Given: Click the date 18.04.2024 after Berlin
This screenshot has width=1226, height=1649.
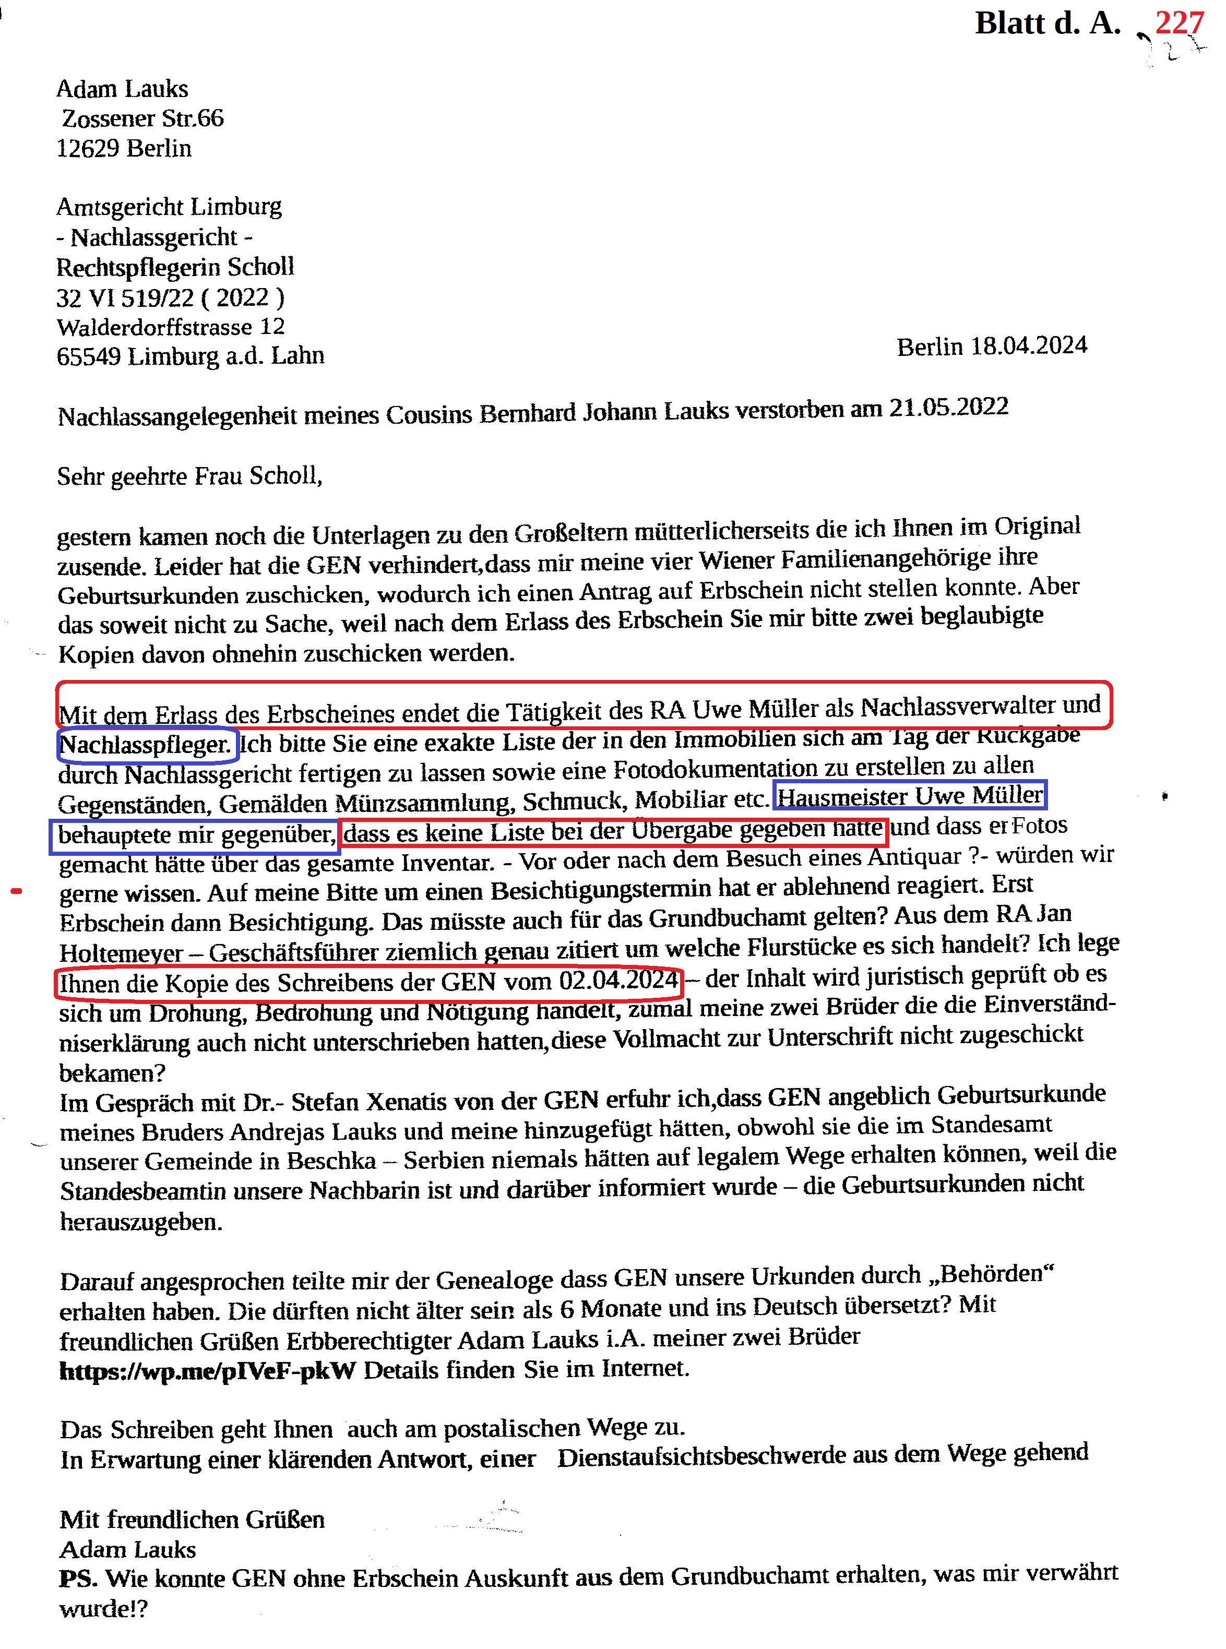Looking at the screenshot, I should tap(1029, 345).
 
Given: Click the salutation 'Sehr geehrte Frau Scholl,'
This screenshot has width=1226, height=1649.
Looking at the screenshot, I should tap(190, 475).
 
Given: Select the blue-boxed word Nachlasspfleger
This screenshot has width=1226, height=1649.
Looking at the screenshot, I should tap(146, 744).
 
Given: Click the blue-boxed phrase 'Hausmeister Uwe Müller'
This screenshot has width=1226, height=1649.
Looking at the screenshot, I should tap(910, 796).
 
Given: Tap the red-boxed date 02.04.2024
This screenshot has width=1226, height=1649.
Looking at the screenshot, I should tap(618, 981).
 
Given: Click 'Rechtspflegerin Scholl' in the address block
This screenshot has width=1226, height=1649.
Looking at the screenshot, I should tap(175, 267).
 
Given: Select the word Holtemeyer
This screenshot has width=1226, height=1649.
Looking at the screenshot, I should tap(122, 952).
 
